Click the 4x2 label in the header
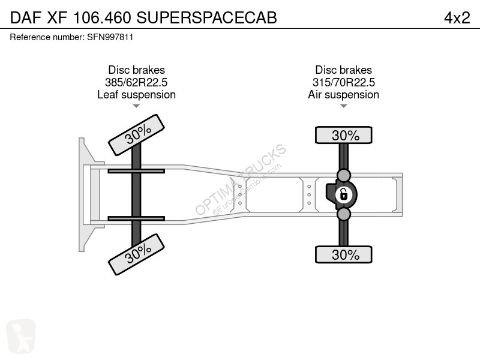click(457, 18)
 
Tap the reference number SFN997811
click(110, 37)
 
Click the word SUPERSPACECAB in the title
click(206, 18)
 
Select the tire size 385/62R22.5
click(136, 82)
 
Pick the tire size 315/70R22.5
click(343, 82)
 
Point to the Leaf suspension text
click(137, 95)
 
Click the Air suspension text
click(343, 95)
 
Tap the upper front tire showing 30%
click(137, 135)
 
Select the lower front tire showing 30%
click(137, 254)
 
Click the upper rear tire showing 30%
click(343, 135)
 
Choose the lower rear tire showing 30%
click(343, 254)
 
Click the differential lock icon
click(343, 194)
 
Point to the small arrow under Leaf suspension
click(136, 106)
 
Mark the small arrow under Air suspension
click(343, 106)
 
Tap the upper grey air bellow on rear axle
click(343, 175)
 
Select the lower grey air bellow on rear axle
click(343, 214)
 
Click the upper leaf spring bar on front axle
click(136, 171)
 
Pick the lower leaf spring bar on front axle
click(136, 218)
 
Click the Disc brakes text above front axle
click(137, 70)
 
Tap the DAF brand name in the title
click(26, 18)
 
